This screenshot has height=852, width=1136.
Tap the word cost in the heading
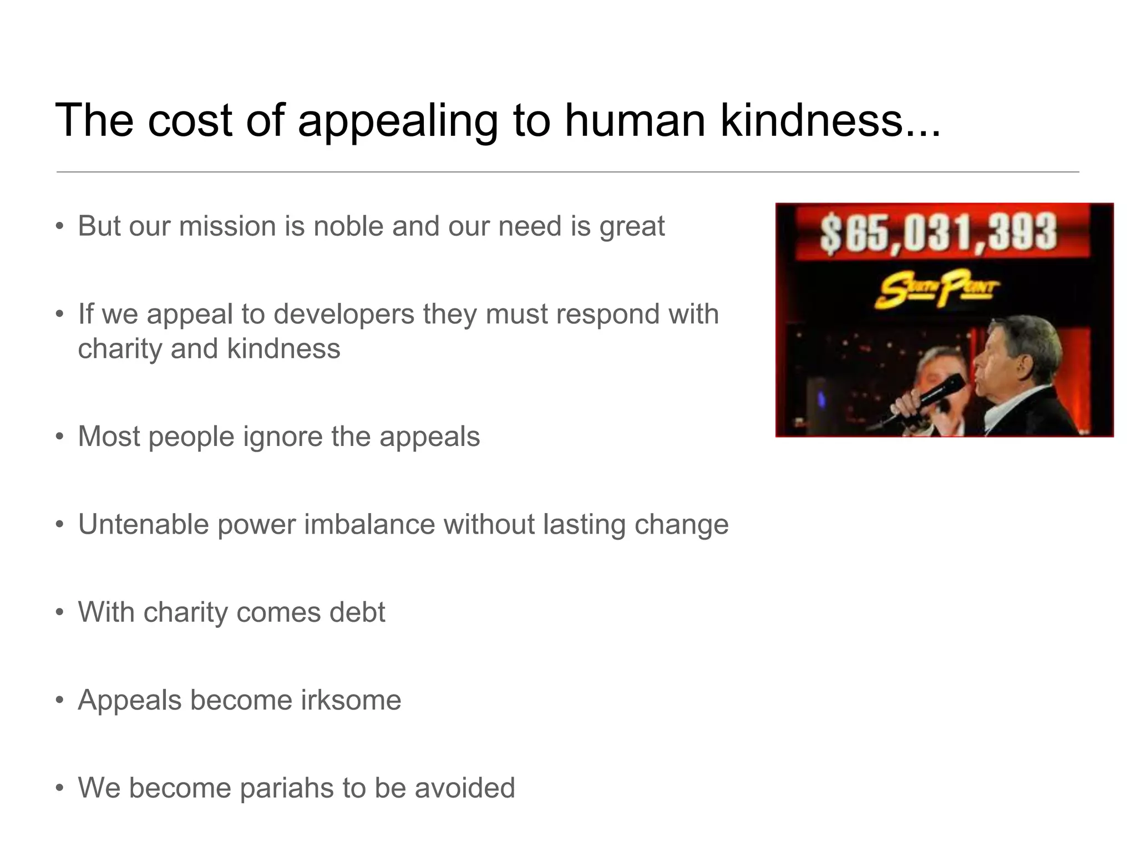(x=189, y=120)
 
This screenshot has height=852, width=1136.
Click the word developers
(x=344, y=315)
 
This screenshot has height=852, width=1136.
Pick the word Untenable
(x=143, y=524)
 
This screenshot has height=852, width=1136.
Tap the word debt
(x=357, y=612)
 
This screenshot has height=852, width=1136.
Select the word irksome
(x=351, y=700)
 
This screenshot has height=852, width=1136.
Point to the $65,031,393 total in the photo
(x=939, y=232)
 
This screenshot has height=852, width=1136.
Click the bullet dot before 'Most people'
(x=59, y=437)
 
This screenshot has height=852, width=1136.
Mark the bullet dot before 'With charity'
(x=59, y=613)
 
